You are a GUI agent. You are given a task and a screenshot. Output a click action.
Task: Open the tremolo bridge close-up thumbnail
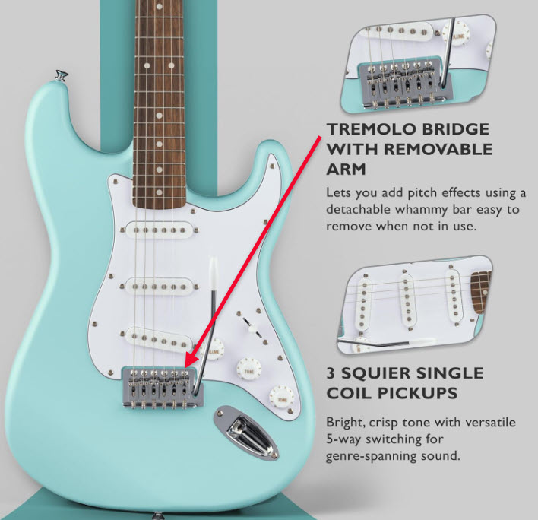(421, 63)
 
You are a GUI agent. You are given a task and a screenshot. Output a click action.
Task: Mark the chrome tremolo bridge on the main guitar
(160, 384)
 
